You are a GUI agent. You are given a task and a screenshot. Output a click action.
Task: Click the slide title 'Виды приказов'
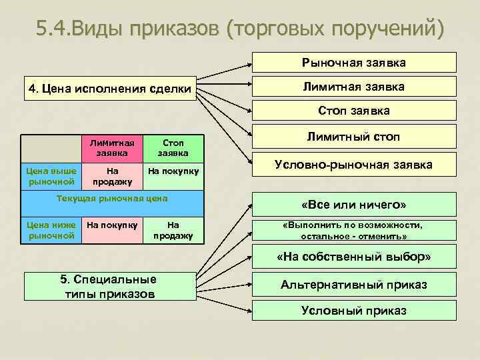(239, 29)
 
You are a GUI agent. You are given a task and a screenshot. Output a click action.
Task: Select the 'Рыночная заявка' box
(354, 62)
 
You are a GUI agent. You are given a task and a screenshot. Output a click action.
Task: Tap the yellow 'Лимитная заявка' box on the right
(354, 87)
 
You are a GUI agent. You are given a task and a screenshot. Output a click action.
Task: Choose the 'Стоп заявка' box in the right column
(354, 111)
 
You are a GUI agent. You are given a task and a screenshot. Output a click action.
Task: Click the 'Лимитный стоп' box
(354, 137)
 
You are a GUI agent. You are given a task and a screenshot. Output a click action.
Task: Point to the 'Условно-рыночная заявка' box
(354, 164)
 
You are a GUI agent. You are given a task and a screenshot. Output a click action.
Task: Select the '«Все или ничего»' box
(354, 203)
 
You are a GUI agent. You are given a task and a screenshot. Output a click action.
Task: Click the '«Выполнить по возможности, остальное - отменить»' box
(354, 231)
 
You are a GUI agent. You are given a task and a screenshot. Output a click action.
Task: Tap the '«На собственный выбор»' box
(354, 257)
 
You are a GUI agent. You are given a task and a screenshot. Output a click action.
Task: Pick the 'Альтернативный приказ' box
(354, 285)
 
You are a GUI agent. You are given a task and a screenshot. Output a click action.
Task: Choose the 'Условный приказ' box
(354, 310)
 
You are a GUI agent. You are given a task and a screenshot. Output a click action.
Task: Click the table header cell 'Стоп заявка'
(173, 148)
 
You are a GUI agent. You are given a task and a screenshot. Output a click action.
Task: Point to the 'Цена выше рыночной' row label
(51, 176)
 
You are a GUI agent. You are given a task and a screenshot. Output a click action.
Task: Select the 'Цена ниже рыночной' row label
(51, 230)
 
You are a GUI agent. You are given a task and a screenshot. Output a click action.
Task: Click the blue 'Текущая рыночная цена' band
(111, 199)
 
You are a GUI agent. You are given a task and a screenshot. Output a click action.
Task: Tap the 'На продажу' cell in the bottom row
(173, 230)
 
